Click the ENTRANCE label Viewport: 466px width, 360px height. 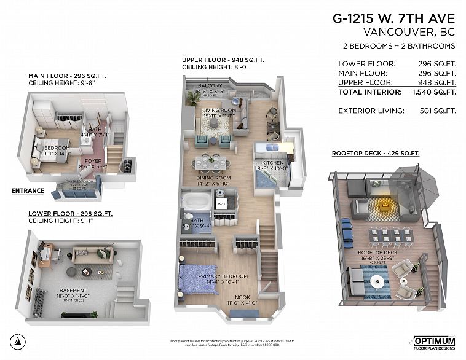coord(28,190)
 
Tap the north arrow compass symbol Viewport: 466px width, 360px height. coord(19,342)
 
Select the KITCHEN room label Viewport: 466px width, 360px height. coord(273,163)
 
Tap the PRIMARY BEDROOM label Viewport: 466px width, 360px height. coord(223,276)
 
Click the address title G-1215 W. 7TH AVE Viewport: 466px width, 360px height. coord(395,18)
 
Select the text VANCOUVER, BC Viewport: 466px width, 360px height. coord(409,32)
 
